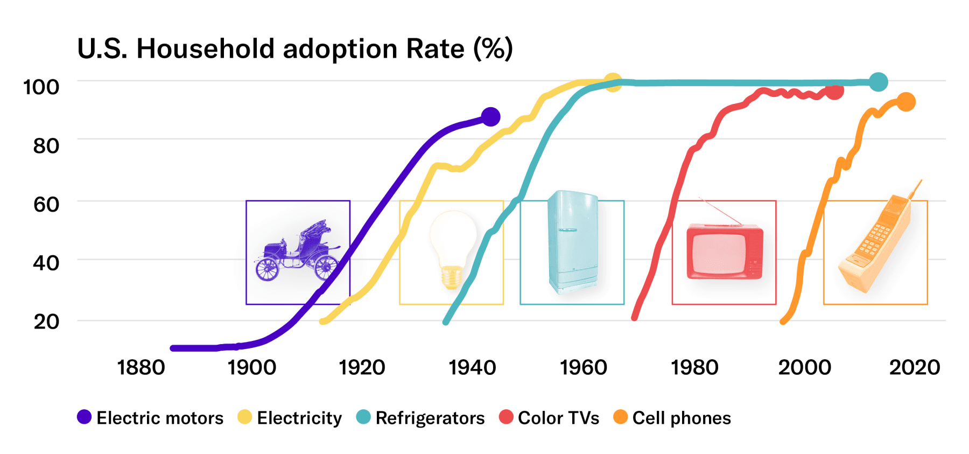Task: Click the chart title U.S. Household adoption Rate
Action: coord(294,49)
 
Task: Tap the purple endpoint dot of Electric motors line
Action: coord(490,116)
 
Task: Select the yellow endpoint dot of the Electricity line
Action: coord(613,82)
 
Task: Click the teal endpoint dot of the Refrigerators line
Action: coord(878,82)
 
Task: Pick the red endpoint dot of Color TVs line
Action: coord(834,92)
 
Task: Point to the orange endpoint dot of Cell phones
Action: coord(906,102)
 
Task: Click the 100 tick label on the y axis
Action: coord(41,87)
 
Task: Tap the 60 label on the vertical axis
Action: coord(46,205)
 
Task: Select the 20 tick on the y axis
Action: coord(46,322)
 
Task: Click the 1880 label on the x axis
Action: coord(141,368)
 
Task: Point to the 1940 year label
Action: coord(472,368)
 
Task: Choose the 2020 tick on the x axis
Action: coord(914,368)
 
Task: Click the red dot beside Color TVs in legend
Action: coord(506,417)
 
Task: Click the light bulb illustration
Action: coord(453,248)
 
